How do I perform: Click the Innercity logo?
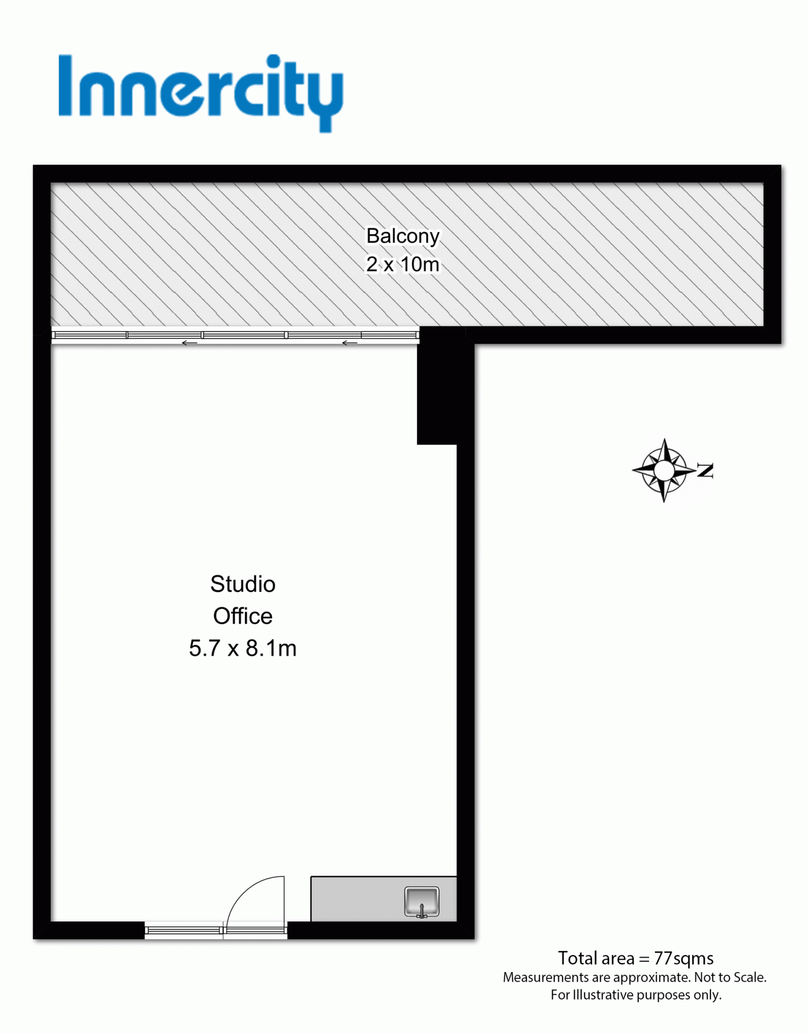tap(200, 92)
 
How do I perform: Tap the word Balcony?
tap(403, 236)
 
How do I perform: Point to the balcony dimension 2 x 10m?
tap(403, 264)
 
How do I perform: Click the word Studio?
tap(242, 584)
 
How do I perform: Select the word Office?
tap(242, 616)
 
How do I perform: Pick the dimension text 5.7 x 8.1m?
tap(242, 648)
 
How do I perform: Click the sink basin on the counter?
tap(422, 902)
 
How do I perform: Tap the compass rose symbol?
tap(664, 471)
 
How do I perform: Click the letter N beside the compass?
tap(705, 470)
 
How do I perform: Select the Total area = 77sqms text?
tap(636, 958)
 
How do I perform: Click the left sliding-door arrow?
tap(189, 343)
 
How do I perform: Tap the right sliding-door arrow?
tap(350, 343)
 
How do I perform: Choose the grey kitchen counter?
tap(384, 899)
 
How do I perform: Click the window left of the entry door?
tap(184, 930)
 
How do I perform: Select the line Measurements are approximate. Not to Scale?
tap(635, 977)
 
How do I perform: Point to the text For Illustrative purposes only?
tap(636, 995)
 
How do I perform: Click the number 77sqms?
tap(684, 959)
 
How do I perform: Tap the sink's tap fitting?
tap(422, 911)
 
